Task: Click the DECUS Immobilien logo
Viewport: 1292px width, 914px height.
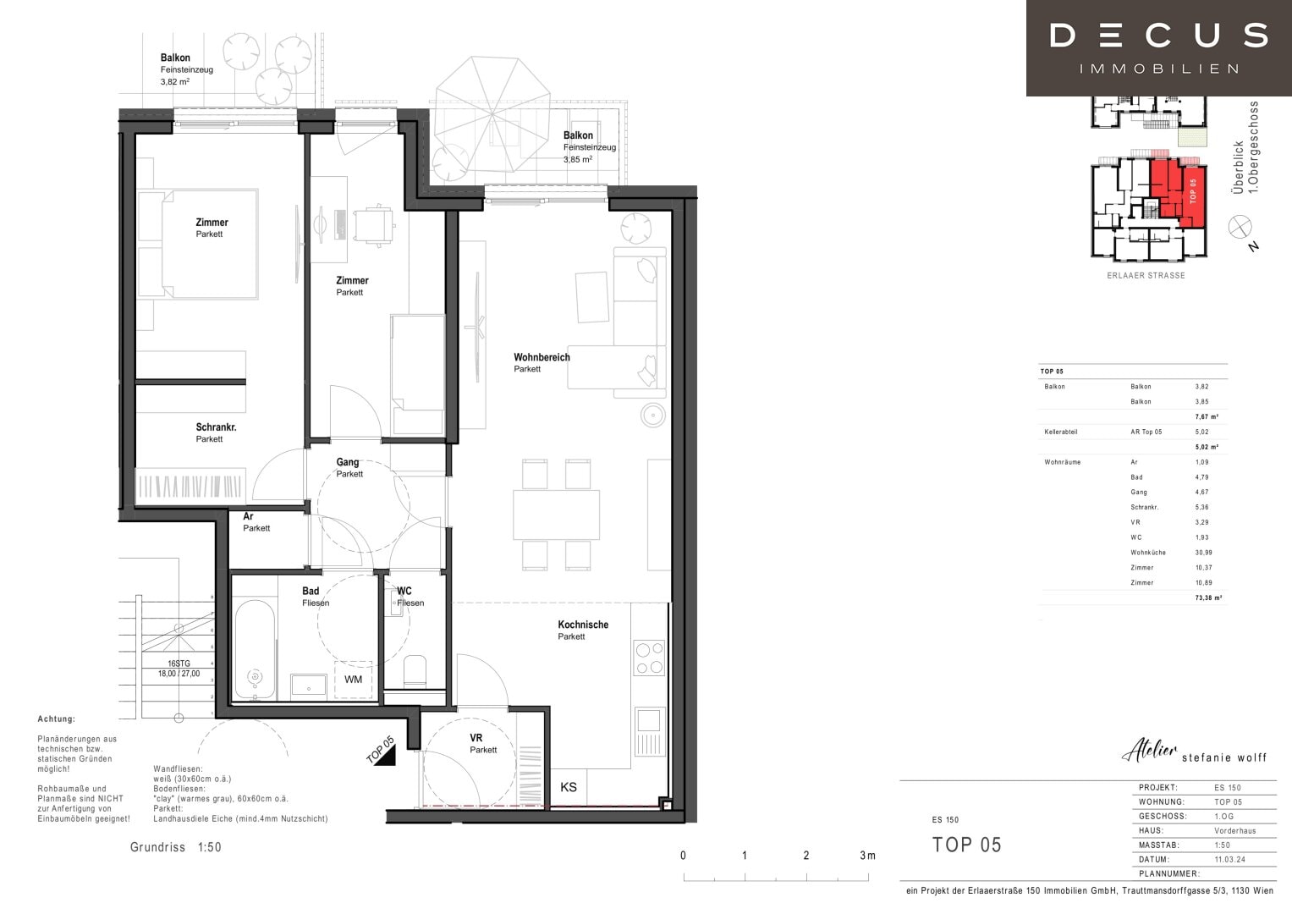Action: coord(1158,47)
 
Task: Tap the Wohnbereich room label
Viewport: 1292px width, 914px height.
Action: coord(542,358)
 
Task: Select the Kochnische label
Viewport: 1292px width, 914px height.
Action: coord(582,625)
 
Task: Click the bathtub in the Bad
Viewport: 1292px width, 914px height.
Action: coord(255,649)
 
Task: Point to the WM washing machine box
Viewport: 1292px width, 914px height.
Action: coord(354,680)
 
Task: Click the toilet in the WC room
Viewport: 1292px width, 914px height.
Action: coord(415,671)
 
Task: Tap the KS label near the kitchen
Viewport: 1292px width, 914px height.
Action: coord(569,788)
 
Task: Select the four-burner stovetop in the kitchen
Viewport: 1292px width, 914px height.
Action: coord(650,658)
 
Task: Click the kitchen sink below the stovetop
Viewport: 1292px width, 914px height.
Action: coord(649,720)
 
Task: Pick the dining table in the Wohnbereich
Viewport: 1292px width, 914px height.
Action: coord(556,515)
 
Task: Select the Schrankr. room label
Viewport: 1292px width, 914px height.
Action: coord(216,427)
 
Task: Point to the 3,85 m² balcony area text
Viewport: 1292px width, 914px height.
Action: coord(578,159)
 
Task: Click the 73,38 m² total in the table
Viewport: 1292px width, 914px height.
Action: coord(1207,597)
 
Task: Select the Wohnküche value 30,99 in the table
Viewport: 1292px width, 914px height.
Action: coord(1203,553)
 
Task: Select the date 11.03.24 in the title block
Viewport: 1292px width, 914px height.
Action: coord(1229,859)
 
